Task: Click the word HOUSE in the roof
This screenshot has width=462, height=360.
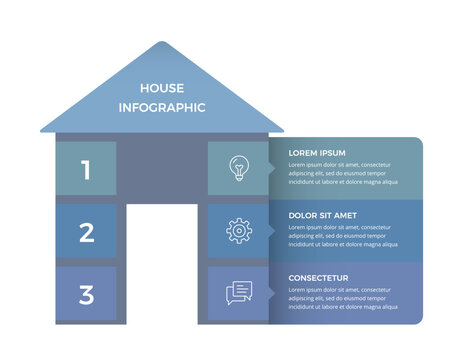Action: [161, 88]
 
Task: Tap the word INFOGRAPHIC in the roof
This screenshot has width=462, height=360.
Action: [161, 107]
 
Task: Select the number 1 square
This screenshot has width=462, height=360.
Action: [86, 169]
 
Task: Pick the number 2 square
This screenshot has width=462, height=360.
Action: [86, 232]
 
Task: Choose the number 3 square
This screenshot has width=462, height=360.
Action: [86, 294]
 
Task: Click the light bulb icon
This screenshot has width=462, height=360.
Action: [238, 168]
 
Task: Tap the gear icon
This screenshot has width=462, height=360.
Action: [238, 231]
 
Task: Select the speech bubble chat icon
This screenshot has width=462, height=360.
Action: [238, 293]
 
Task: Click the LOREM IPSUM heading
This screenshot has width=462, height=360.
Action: [317, 153]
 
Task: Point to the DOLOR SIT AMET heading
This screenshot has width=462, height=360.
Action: [323, 215]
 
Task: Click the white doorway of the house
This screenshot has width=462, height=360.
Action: [161, 264]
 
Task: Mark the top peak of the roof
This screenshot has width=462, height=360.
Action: [161, 43]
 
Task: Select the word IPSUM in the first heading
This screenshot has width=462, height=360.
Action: [331, 153]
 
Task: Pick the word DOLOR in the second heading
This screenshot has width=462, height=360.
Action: [303, 215]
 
